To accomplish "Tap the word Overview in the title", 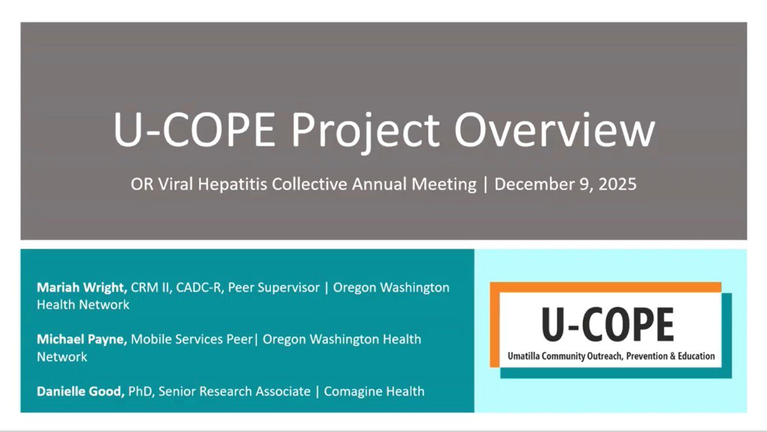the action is point(555,129).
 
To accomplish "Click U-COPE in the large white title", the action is point(195,129).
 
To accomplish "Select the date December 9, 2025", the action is point(565,184).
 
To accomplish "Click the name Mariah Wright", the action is point(82,287).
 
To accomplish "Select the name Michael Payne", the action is point(82,339).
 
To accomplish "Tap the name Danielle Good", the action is point(81,391).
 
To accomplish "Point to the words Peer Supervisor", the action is point(274,287).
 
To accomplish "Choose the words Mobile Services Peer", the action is point(192,339).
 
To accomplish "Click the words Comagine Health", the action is point(374,391).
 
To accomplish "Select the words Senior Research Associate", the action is point(234,391).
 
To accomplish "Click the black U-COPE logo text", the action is point(608,325).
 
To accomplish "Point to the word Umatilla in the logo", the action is point(524,356).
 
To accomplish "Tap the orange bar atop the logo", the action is point(605,287).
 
